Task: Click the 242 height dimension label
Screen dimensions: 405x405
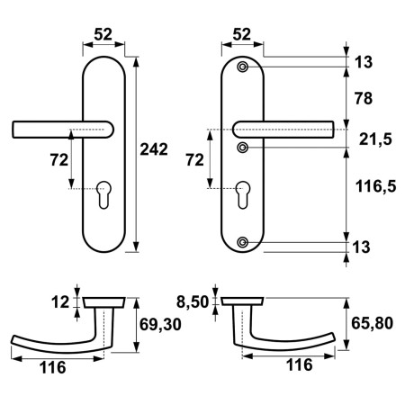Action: pyautogui.click(x=154, y=149)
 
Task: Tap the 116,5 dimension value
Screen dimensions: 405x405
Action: pyautogui.click(x=376, y=186)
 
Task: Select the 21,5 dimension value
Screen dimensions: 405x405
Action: pyautogui.click(x=375, y=139)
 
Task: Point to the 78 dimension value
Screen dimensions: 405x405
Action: pyautogui.click(x=364, y=98)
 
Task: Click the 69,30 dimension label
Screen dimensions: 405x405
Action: pyautogui.click(x=160, y=324)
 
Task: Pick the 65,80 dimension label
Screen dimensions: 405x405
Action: pyautogui.click(x=372, y=323)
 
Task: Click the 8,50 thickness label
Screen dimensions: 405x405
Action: pyautogui.click(x=193, y=301)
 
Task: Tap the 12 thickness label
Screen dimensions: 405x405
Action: pyautogui.click(x=60, y=301)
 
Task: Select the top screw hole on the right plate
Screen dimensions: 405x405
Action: pyautogui.click(x=243, y=67)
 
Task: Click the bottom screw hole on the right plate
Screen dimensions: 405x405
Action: pyautogui.click(x=243, y=242)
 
